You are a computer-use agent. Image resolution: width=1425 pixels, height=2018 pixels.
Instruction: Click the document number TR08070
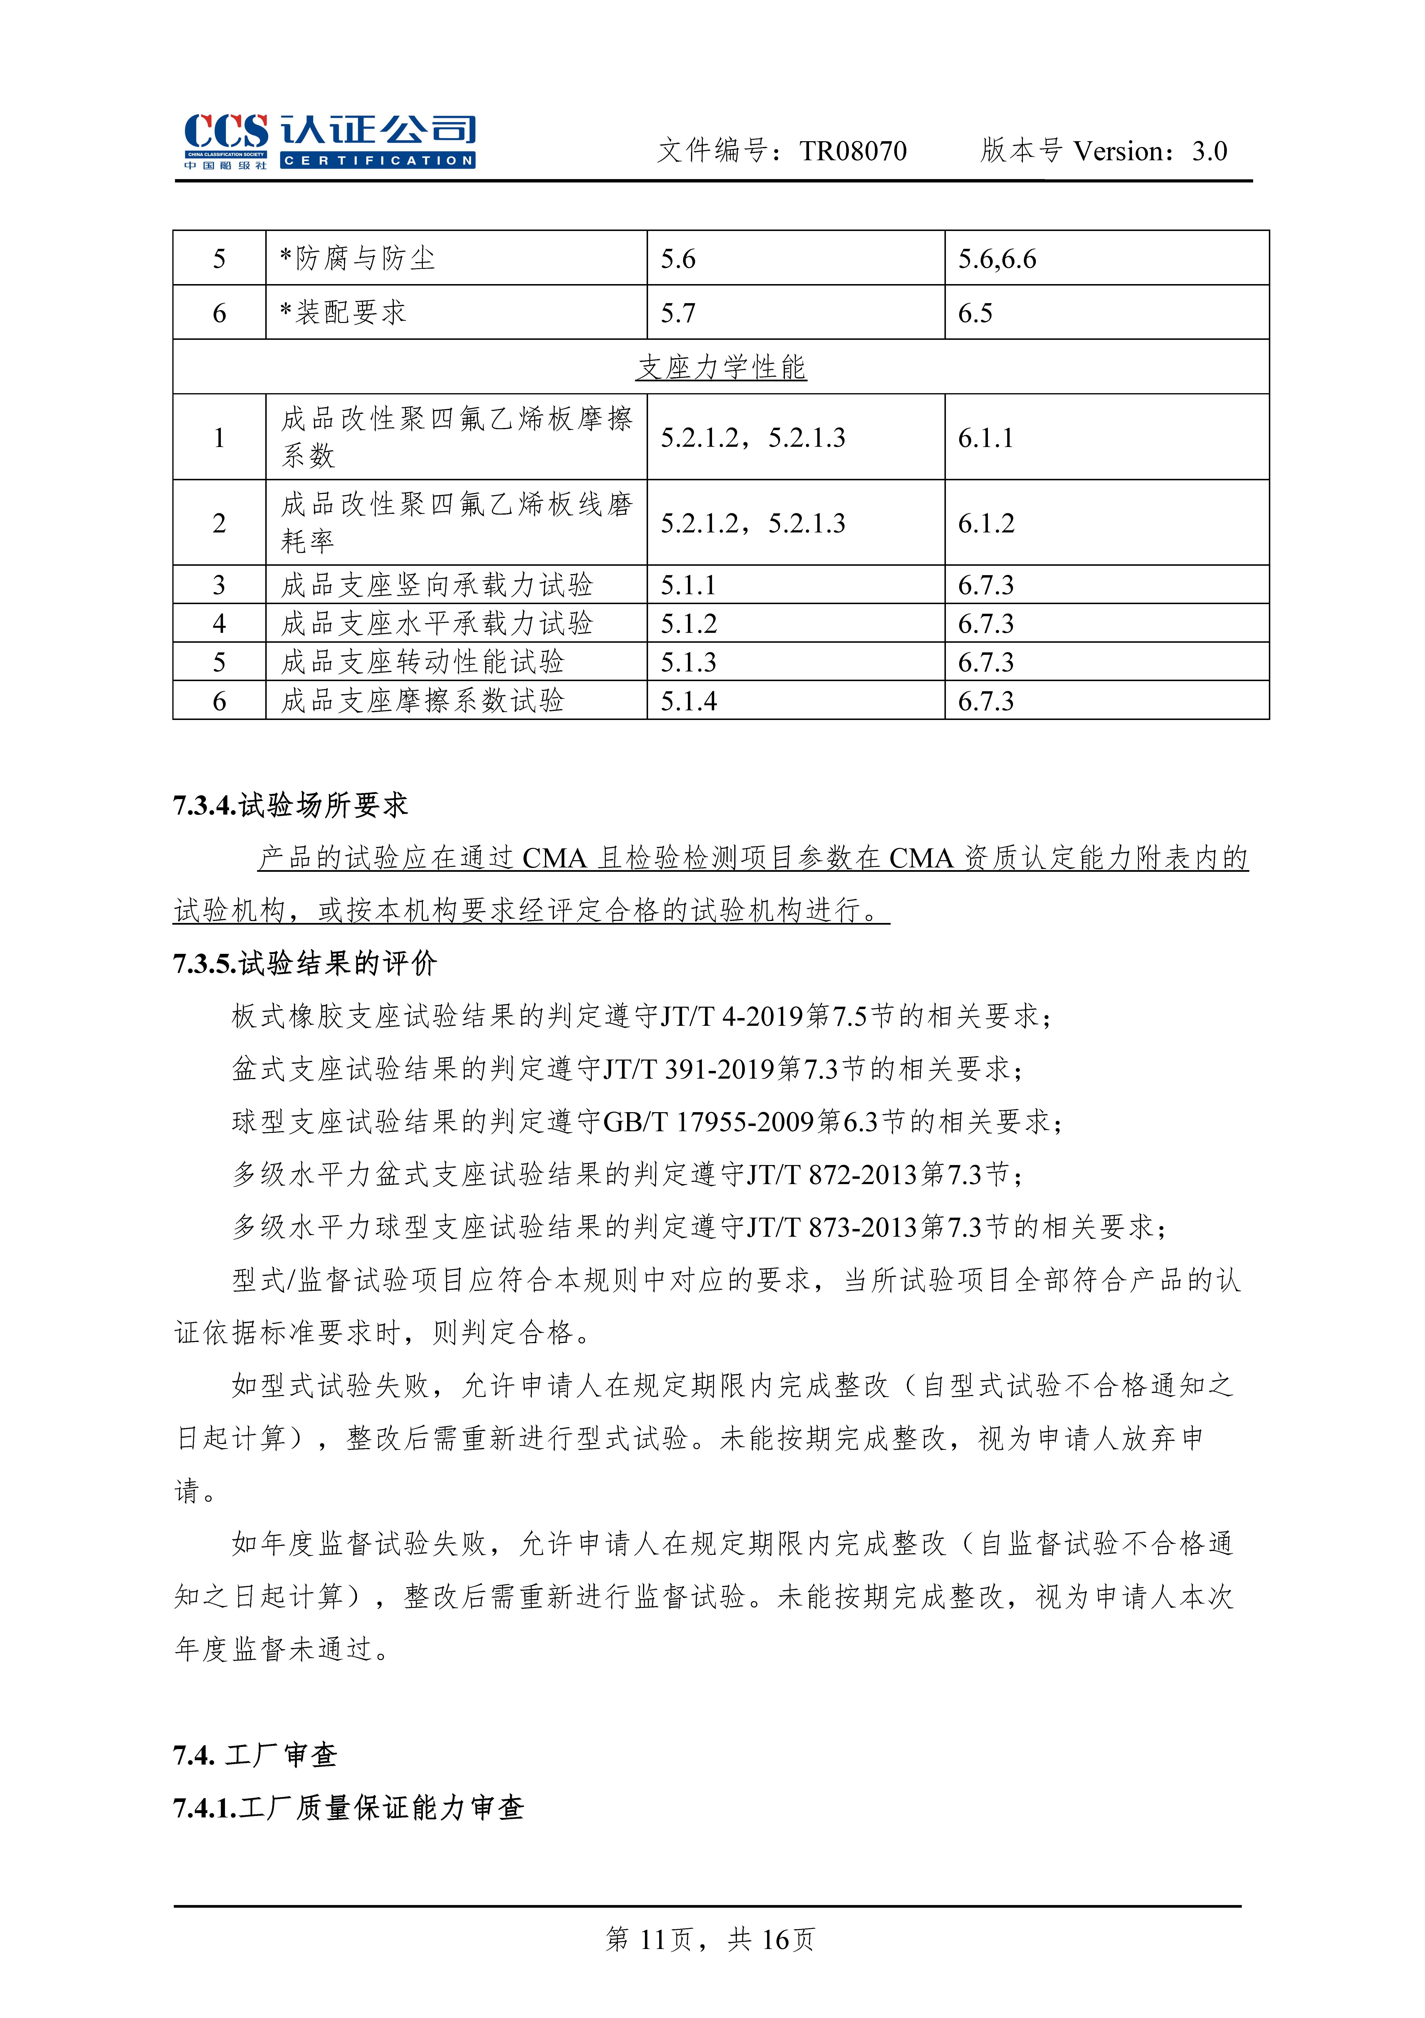tap(853, 151)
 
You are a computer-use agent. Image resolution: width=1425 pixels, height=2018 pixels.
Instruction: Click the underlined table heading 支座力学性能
tap(721, 367)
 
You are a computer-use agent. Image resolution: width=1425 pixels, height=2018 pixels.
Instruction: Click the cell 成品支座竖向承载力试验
tap(437, 585)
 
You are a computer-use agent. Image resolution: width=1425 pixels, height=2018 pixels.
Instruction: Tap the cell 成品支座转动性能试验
tap(422, 662)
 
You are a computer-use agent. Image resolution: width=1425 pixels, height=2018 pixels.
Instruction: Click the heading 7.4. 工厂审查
tap(255, 1755)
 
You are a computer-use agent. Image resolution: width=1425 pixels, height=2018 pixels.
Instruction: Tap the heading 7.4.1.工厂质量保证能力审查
tap(348, 1808)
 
